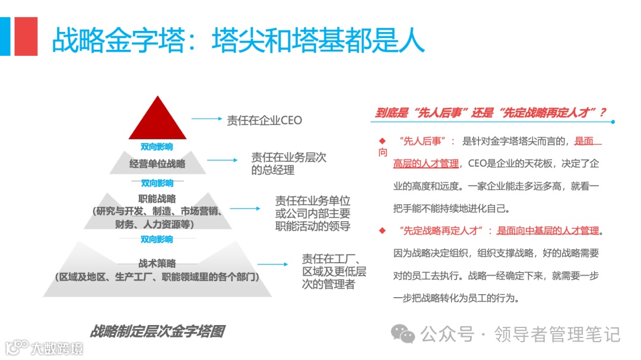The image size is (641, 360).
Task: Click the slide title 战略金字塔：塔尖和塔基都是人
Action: (x=238, y=39)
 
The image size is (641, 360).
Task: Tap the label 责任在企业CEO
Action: (x=264, y=120)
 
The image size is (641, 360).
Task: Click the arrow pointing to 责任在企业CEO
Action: (x=206, y=119)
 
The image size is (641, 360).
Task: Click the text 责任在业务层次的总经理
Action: (x=288, y=164)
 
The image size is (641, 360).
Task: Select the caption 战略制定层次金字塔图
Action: (x=157, y=331)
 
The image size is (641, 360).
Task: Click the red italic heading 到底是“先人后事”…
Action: (x=491, y=112)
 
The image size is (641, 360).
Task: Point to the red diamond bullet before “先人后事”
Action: (x=382, y=141)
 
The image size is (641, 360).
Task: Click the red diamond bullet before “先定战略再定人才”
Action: (x=382, y=230)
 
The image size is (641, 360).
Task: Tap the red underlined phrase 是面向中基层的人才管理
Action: (x=549, y=231)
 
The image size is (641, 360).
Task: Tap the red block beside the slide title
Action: (x=26, y=36)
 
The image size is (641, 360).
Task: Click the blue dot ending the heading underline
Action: (x=613, y=122)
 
